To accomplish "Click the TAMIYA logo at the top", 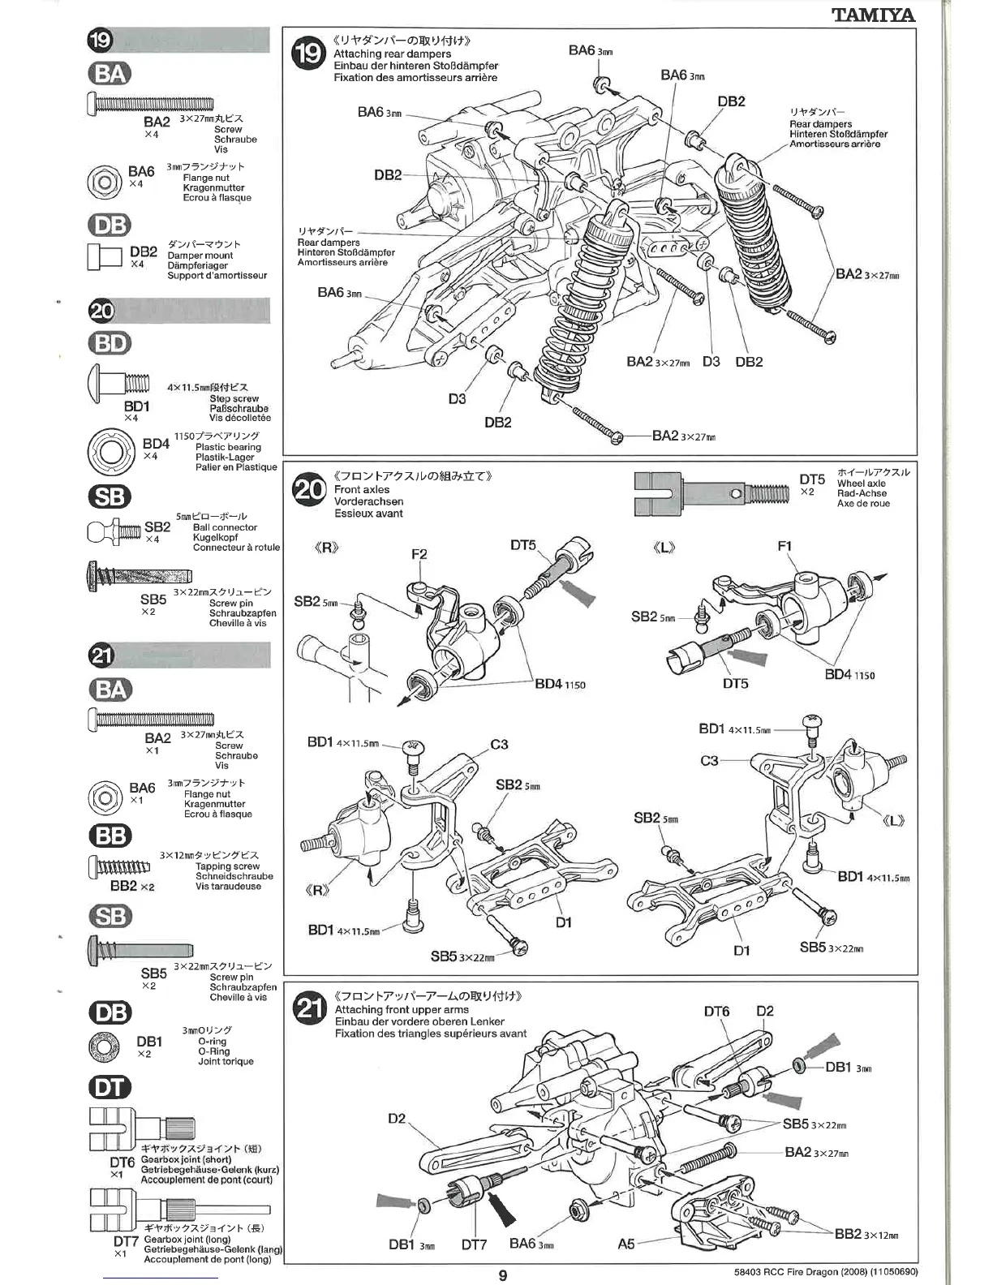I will [x=873, y=15].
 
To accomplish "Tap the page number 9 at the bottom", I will [x=503, y=1275].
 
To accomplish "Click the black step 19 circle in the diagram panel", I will [x=308, y=54].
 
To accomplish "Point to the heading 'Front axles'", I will [x=362, y=490].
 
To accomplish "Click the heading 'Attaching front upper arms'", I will [x=402, y=1010].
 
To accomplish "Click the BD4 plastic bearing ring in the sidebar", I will [x=110, y=450].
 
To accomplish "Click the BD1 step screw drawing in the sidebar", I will [x=118, y=382].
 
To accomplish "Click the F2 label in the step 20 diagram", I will [x=419, y=555].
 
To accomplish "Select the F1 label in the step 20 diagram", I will [x=784, y=547].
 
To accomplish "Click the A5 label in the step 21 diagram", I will [x=625, y=1243].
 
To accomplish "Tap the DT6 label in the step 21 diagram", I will [x=716, y=1011].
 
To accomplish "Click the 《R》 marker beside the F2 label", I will [x=326, y=548].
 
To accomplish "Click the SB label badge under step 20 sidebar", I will [x=110, y=496].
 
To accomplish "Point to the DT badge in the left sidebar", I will [x=110, y=1087].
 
